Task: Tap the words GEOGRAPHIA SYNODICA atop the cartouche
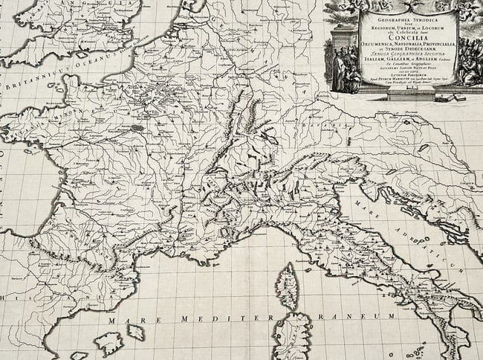(407, 15)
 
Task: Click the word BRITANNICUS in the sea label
(35, 80)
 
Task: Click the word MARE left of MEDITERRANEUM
(125, 320)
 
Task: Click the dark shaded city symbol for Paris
(137, 127)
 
